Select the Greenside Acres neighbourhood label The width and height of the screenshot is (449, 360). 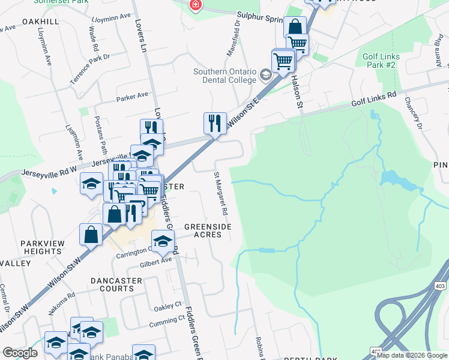coord(203,230)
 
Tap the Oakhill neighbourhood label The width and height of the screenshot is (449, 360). coord(40,21)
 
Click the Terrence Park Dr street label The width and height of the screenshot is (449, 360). coord(91,68)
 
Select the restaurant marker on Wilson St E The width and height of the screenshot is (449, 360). coord(215,123)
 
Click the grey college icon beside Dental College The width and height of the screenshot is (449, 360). coord(265,76)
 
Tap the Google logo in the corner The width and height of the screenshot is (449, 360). coord(20,353)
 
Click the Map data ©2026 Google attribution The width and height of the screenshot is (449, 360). coord(412,355)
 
